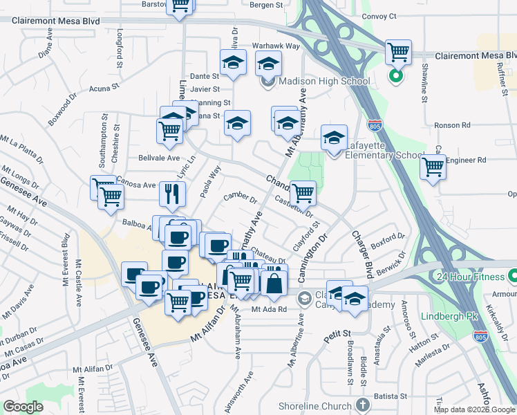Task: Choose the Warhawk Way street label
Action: [276, 46]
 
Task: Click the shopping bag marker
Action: [274, 284]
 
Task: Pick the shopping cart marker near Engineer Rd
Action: [433, 167]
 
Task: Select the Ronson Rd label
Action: [451, 126]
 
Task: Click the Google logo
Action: [23, 407]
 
